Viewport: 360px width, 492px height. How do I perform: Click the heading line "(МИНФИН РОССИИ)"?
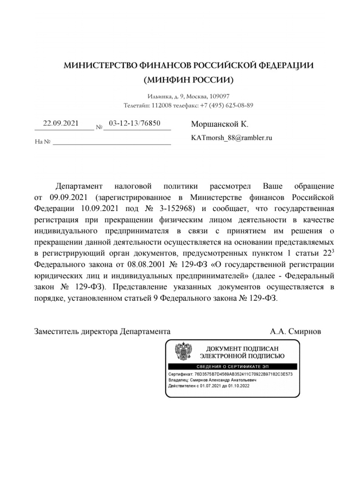click(x=188, y=80)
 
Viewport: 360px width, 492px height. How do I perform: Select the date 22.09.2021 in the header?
click(x=61, y=123)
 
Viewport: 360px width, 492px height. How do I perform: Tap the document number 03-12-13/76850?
click(x=134, y=123)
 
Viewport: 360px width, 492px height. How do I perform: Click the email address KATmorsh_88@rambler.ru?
click(x=231, y=137)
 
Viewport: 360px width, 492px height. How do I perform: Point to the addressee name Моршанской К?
click(x=220, y=124)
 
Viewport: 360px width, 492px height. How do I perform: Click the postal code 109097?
click(x=220, y=97)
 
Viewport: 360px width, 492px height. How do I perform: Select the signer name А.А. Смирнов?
click(x=295, y=332)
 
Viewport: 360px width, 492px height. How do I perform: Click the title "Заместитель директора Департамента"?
click(x=103, y=332)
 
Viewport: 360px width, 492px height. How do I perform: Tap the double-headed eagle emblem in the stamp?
click(x=183, y=351)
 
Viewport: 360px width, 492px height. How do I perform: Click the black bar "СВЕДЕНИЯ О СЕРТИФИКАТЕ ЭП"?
click(x=232, y=366)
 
